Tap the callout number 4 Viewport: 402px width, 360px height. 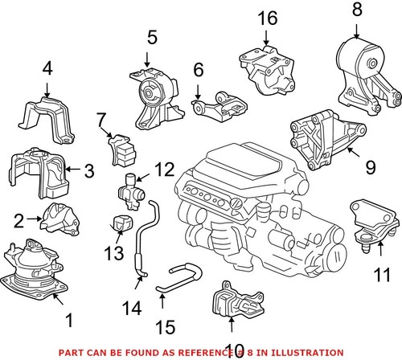[47, 69]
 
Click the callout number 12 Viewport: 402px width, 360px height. [164, 169]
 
